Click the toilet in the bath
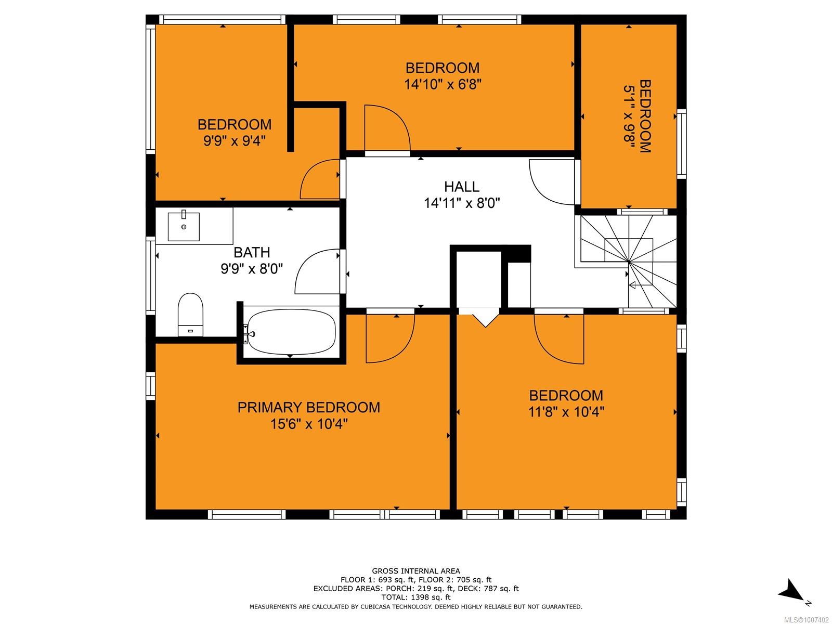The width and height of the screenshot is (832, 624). click(x=190, y=314)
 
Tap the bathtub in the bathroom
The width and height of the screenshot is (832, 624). click(x=291, y=332)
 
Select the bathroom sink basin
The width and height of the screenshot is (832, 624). click(x=184, y=226)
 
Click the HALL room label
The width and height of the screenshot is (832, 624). click(x=461, y=186)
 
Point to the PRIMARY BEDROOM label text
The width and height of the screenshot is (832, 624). click(x=308, y=407)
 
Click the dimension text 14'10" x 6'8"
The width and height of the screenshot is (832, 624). click(x=443, y=84)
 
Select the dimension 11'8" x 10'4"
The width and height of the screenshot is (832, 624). click(x=566, y=411)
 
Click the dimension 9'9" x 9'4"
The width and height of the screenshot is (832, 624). click(x=234, y=141)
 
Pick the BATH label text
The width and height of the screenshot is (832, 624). click(x=252, y=252)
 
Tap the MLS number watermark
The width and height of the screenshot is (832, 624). click(x=806, y=620)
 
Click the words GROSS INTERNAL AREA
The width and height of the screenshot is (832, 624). click(x=416, y=571)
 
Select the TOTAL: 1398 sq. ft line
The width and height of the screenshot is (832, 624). click(x=416, y=597)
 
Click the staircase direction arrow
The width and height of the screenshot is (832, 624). click(x=632, y=285)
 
